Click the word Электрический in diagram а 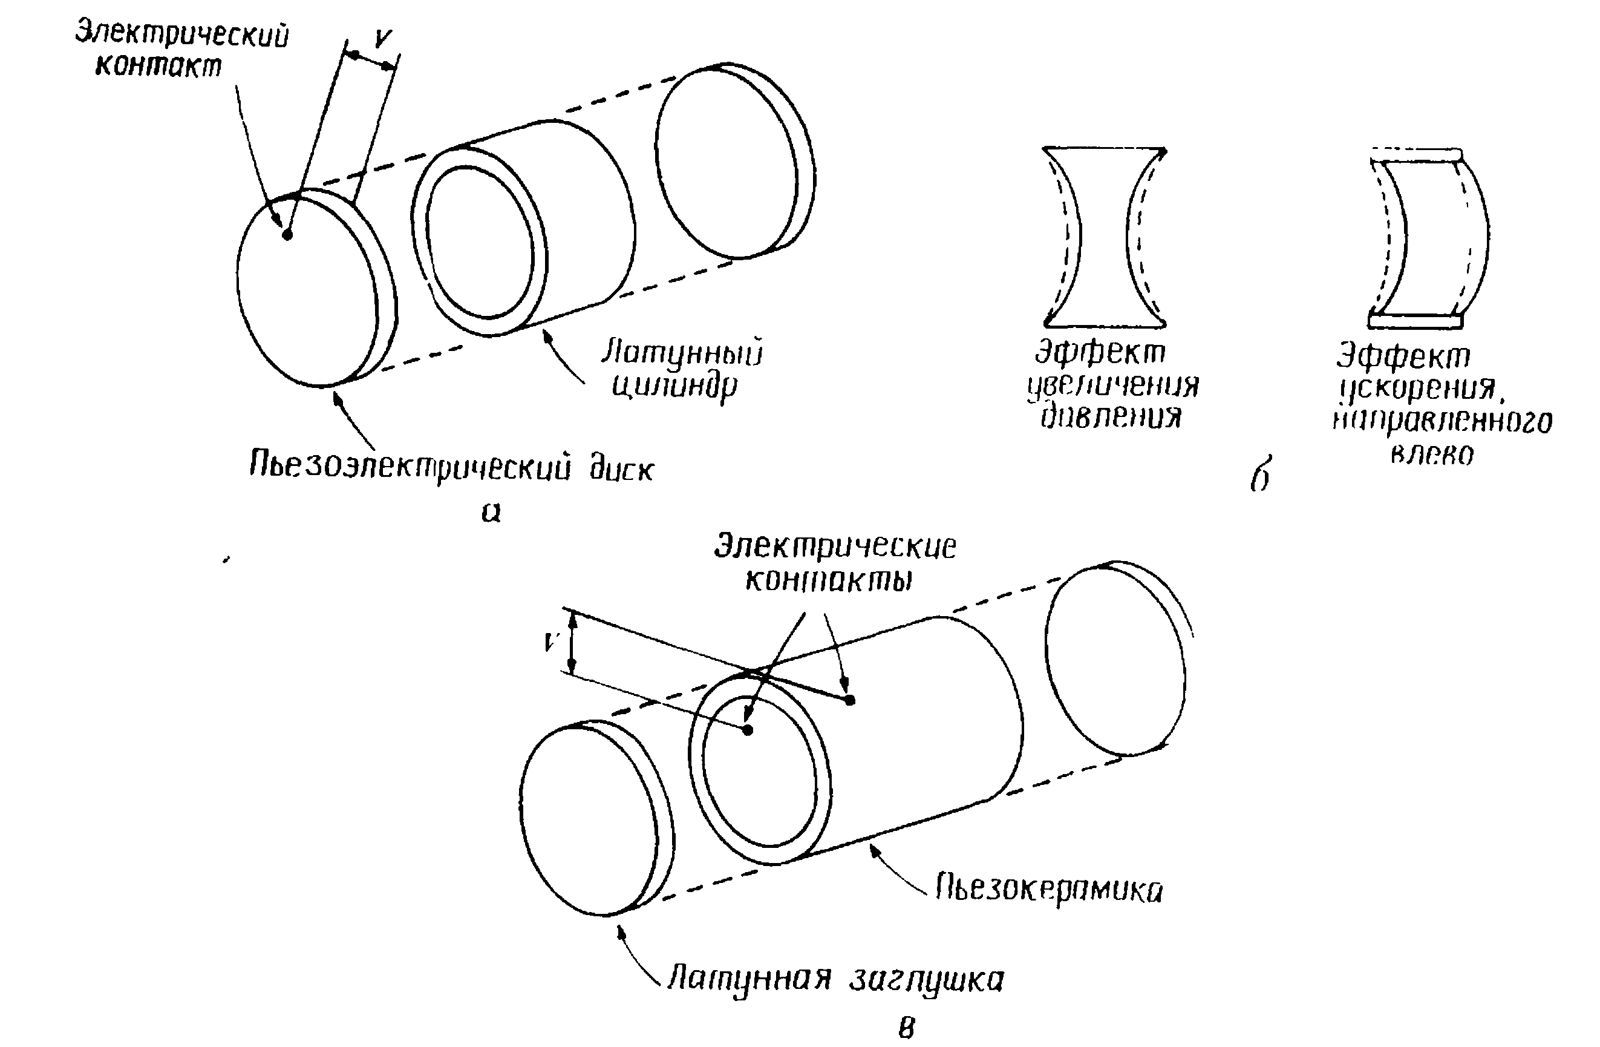(181, 34)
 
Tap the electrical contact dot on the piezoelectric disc (287, 235)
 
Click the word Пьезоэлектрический (410, 465)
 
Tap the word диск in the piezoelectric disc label (621, 470)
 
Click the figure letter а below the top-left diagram (491, 513)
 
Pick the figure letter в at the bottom (906, 1027)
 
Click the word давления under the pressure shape (1111, 418)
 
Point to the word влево (1432, 455)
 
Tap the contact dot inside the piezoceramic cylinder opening (748, 730)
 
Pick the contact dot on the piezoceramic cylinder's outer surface (850, 700)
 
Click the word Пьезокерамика (1049, 890)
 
